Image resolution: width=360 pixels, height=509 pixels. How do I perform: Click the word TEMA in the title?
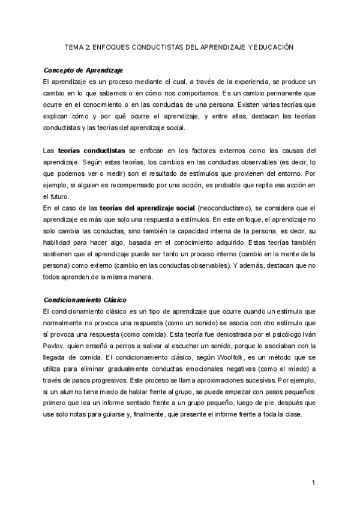pyautogui.click(x=73, y=46)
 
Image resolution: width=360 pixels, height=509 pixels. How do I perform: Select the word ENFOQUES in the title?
pyautogui.click(x=109, y=46)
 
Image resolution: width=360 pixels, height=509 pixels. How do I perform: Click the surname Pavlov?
pyautogui.click(x=53, y=346)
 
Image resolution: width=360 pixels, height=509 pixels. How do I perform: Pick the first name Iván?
pyautogui.click(x=307, y=335)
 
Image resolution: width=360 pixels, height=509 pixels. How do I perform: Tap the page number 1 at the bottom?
pyautogui.click(x=314, y=483)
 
